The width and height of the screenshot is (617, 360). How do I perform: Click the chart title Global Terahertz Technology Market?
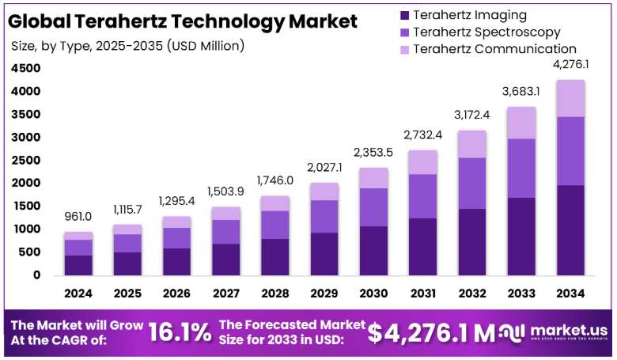(x=183, y=21)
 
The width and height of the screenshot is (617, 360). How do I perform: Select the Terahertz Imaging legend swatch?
(x=404, y=15)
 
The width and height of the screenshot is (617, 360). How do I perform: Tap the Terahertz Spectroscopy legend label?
(x=486, y=32)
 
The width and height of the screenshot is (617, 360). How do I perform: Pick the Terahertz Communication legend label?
(x=494, y=49)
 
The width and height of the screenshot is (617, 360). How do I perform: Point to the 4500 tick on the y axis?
(x=26, y=69)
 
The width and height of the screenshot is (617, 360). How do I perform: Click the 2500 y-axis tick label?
(x=26, y=160)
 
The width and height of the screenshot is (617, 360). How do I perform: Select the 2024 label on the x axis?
(x=78, y=294)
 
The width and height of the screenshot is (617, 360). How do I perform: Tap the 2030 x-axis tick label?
(x=374, y=294)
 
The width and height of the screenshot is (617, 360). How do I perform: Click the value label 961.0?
(x=78, y=216)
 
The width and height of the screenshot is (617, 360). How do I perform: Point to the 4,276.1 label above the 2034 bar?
(x=570, y=64)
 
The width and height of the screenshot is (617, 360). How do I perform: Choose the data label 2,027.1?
(x=324, y=168)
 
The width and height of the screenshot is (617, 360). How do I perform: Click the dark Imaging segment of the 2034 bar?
(x=570, y=230)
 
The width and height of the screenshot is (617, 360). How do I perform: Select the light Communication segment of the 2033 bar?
(x=521, y=123)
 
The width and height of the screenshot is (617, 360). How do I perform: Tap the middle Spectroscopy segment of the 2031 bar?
(x=423, y=196)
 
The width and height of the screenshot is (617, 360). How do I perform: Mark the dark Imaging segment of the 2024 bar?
(x=78, y=265)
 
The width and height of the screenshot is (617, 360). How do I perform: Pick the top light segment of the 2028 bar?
(x=275, y=203)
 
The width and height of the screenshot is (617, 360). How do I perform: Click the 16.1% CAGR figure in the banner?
(x=180, y=332)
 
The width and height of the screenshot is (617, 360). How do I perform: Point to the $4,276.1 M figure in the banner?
(x=431, y=333)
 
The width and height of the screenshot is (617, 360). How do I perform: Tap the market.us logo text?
(x=569, y=330)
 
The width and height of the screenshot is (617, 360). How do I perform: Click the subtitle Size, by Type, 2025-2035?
(x=87, y=46)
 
